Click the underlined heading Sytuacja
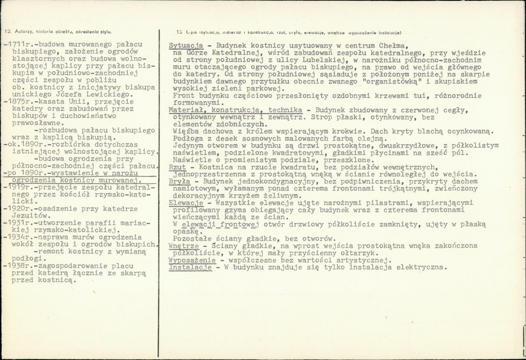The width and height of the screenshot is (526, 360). click(186, 46)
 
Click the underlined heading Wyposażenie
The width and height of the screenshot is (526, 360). click(192, 260)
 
